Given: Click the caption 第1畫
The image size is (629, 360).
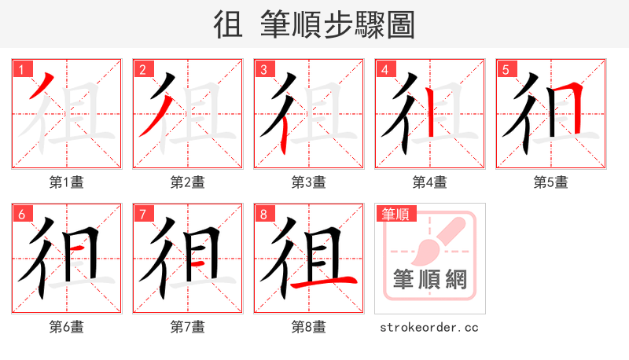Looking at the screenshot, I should [67, 182].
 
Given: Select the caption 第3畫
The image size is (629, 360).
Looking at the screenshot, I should [309, 182].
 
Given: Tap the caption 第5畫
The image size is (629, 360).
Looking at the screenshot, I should [550, 182].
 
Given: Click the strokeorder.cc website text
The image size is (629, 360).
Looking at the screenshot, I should [429, 327].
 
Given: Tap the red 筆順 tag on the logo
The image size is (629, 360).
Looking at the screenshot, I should [395, 214].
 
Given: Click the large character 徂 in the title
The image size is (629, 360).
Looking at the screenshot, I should [228, 25].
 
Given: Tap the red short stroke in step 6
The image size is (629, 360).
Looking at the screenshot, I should [79, 250].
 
